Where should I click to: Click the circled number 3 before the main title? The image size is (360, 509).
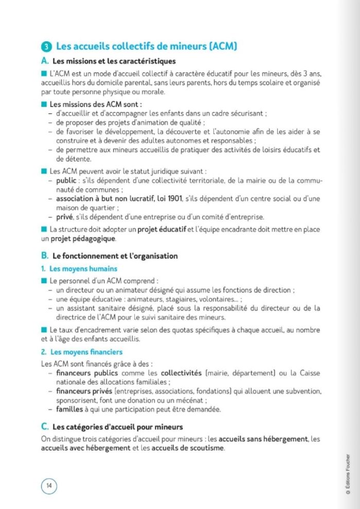coord(47,47)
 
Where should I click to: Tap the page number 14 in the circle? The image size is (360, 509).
coord(49,485)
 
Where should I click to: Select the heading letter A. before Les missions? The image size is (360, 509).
coord(45,61)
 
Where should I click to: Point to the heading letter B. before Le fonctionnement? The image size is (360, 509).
coord(45,256)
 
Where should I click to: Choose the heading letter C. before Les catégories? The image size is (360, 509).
coord(45,427)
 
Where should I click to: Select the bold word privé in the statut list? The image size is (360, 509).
coord(65,217)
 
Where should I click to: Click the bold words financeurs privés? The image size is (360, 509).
coord(83,391)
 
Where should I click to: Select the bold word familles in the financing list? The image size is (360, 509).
coord(70,410)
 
